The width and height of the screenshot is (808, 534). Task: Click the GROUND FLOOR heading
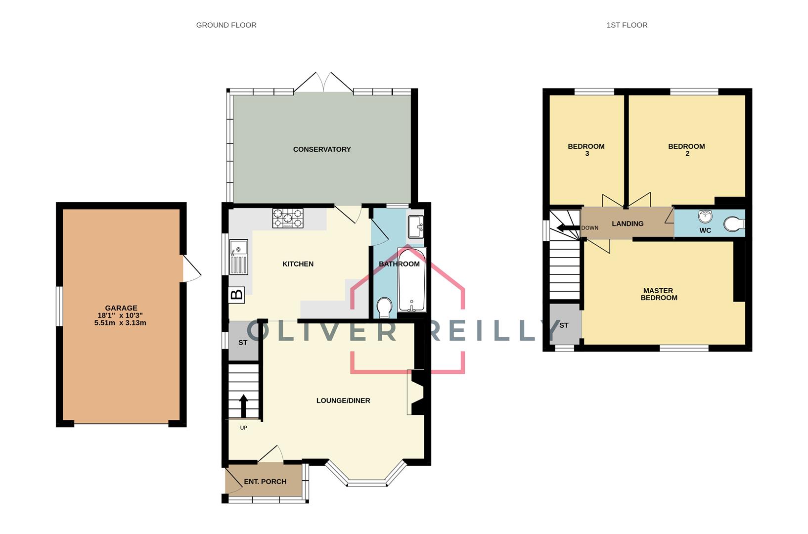click(x=226, y=25)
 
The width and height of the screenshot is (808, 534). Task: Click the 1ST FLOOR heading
click(x=627, y=25)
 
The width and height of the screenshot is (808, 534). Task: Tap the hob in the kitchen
click(x=288, y=219)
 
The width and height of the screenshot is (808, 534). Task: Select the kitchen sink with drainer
click(x=239, y=257)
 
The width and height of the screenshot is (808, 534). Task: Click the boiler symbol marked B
click(x=237, y=295)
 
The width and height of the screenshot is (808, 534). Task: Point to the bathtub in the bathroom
click(x=411, y=280)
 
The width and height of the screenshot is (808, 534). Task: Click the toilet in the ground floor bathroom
click(x=384, y=307)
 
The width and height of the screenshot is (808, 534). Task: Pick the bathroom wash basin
click(x=415, y=227)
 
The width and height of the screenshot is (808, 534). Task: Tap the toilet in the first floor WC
click(x=734, y=224)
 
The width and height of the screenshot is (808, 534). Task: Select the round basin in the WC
click(x=705, y=217)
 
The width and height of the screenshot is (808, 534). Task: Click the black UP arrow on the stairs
click(x=243, y=405)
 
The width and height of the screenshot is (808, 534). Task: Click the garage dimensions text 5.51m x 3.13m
click(x=120, y=323)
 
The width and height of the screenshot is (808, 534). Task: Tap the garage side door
click(x=192, y=268)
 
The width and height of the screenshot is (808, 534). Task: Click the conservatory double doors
click(x=323, y=82)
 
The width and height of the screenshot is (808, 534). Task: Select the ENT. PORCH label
click(x=265, y=482)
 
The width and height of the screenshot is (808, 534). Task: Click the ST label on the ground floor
click(x=243, y=343)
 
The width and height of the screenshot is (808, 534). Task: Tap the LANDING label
click(x=628, y=223)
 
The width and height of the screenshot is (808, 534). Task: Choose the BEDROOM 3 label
click(x=586, y=150)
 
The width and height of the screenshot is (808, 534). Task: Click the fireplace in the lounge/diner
click(x=417, y=392)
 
